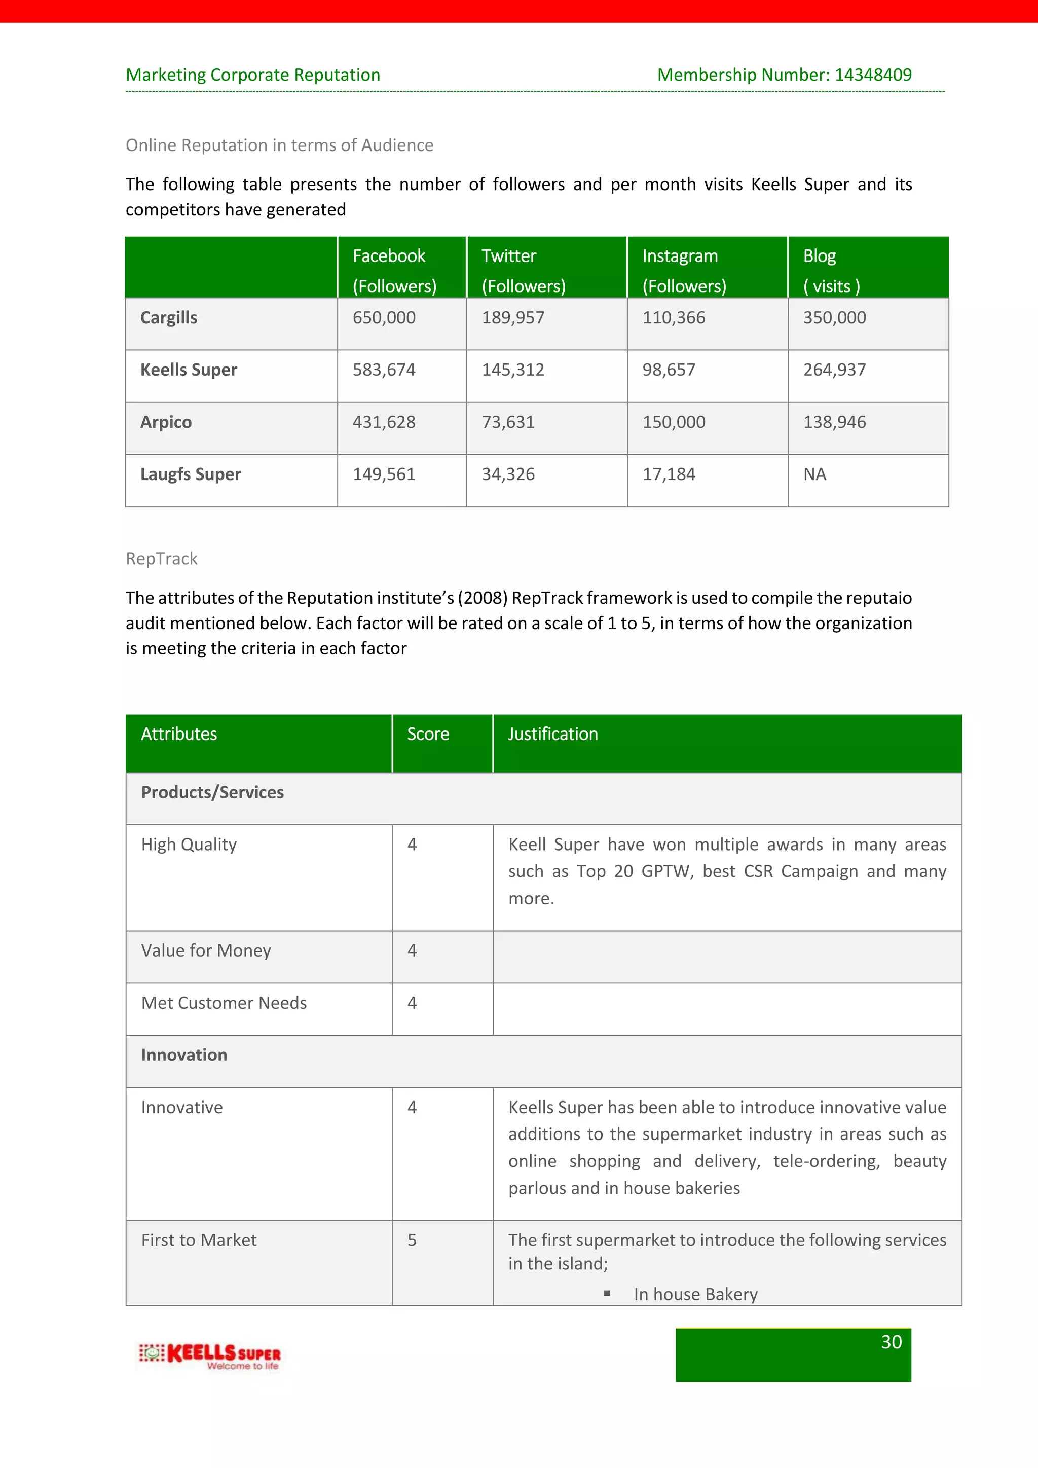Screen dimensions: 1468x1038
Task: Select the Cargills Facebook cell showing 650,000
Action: coord(384,318)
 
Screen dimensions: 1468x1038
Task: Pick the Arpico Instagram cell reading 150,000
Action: coord(674,422)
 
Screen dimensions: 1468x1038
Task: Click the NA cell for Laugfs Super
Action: coord(814,474)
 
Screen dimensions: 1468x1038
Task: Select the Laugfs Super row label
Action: coord(191,474)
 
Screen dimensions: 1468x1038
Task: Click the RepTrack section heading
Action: coord(162,559)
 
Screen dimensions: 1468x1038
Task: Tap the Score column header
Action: coord(428,734)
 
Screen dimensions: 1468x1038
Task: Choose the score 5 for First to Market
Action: coord(412,1240)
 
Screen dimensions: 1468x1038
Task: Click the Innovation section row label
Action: coord(184,1055)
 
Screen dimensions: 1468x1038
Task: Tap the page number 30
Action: coord(891,1342)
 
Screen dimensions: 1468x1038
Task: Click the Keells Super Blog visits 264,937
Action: coord(834,370)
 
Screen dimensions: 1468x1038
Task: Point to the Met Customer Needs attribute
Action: coord(224,1003)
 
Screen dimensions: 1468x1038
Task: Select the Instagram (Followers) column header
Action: coord(684,271)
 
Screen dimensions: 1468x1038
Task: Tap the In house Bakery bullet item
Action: coord(695,1294)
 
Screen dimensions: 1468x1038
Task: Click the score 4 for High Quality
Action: coord(412,845)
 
